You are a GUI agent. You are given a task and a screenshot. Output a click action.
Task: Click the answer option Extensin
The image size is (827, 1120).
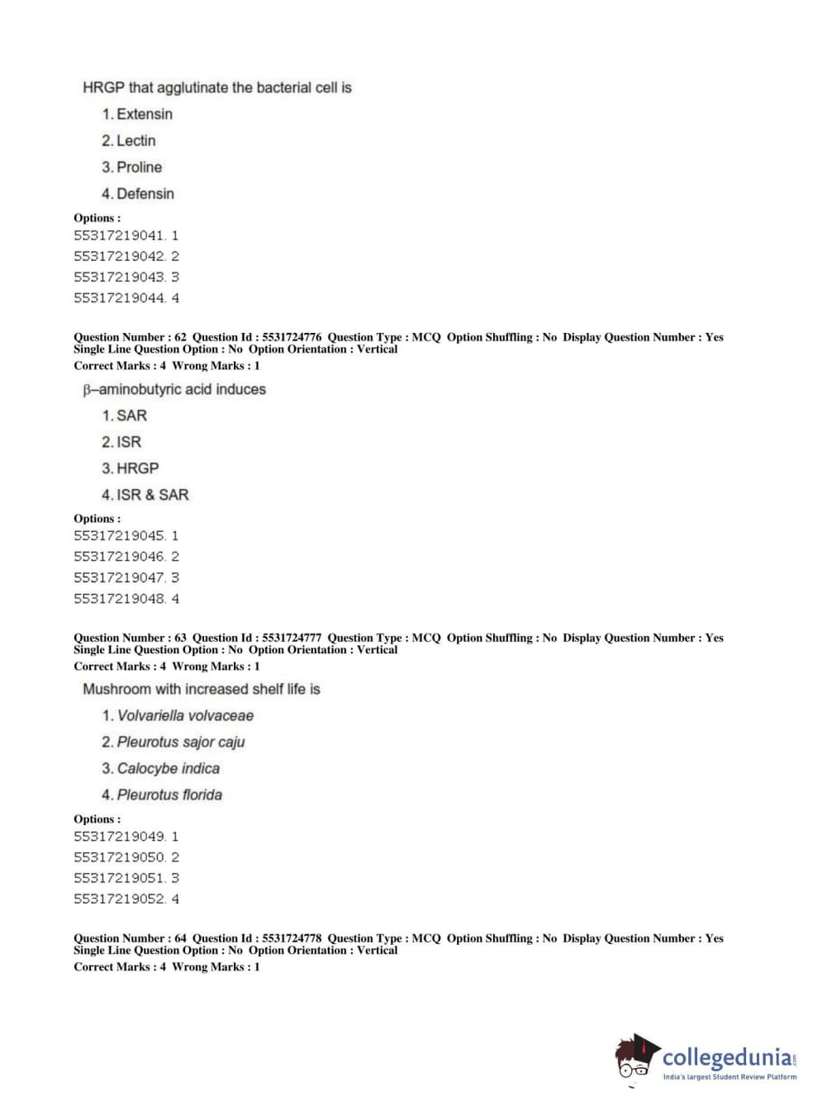click(x=144, y=114)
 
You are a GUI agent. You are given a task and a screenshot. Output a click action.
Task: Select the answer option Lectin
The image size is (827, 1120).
click(x=135, y=140)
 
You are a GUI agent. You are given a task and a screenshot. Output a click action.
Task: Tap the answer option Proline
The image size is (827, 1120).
click(x=139, y=167)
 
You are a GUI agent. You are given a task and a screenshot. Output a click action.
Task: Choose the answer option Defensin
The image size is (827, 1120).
click(x=145, y=193)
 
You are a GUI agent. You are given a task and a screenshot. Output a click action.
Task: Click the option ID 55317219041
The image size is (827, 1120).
click(x=119, y=235)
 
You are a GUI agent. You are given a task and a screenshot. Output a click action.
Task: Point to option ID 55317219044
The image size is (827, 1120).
click(x=119, y=298)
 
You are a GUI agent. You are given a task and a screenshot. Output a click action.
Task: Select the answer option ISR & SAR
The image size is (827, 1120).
click(x=152, y=495)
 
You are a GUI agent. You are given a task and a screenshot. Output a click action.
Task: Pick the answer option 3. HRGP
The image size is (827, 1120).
click(x=131, y=468)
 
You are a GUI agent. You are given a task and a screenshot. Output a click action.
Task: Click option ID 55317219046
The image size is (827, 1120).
click(x=119, y=557)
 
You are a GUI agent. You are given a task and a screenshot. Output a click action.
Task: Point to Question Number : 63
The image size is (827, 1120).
click(x=130, y=638)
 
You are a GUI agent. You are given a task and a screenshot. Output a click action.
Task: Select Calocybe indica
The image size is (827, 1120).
click(x=168, y=768)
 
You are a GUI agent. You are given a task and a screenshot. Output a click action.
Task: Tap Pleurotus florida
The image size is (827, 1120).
click(x=169, y=795)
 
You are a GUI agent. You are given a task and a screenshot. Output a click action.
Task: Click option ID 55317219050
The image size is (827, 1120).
click(x=119, y=857)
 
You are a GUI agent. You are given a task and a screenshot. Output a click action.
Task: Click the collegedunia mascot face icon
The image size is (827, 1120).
click(x=635, y=1058)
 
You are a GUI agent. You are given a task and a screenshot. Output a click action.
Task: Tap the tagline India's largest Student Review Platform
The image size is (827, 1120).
click(x=730, y=1077)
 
